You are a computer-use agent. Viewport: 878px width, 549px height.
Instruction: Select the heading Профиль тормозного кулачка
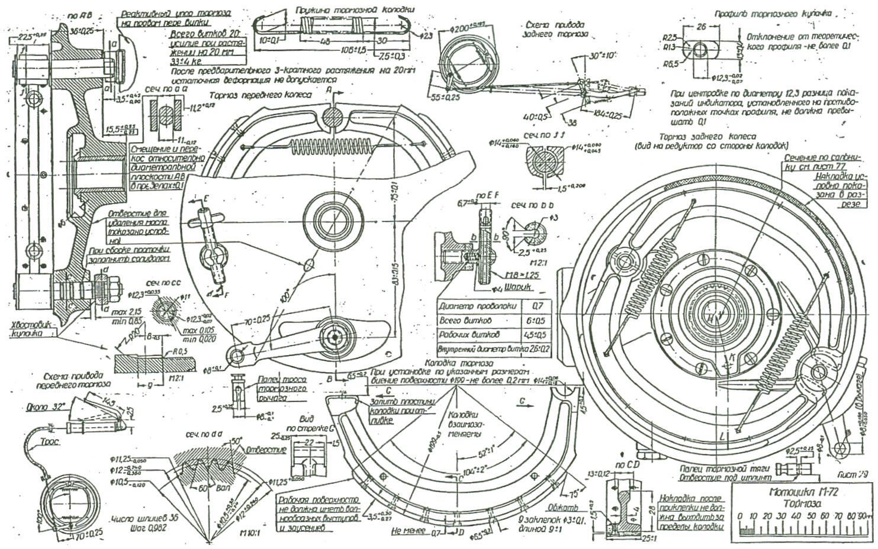pos(773,13)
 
